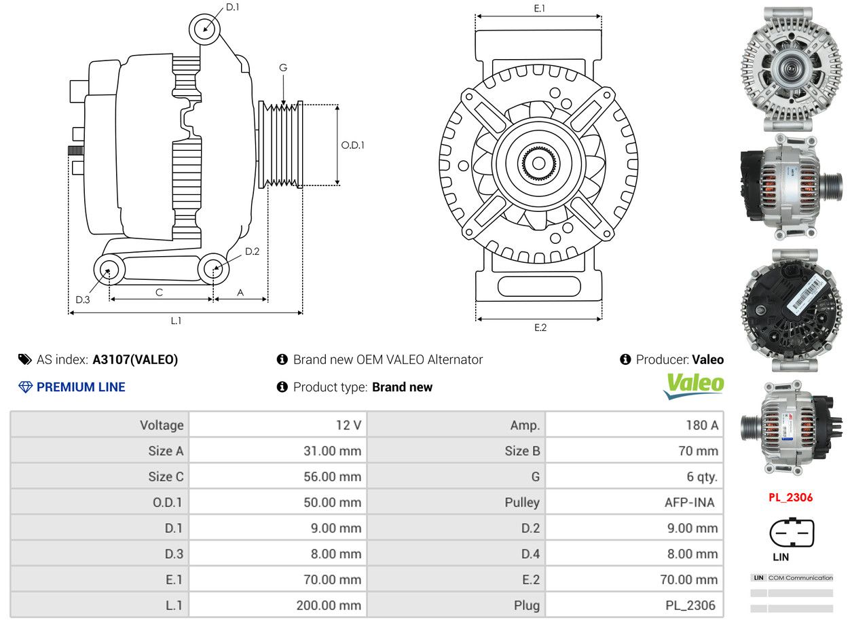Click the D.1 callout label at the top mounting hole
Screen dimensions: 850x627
(x=232, y=7)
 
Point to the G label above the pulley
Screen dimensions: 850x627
(x=283, y=68)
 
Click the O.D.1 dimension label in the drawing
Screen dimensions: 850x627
(x=352, y=145)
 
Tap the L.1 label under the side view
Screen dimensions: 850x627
(x=176, y=321)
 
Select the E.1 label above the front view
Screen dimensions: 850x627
(x=539, y=8)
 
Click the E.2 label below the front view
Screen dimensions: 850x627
(x=540, y=327)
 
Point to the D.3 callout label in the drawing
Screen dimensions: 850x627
(x=83, y=300)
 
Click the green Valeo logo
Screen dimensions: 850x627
(x=694, y=385)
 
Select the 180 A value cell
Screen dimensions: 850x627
(x=635, y=425)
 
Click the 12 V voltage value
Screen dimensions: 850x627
(x=349, y=425)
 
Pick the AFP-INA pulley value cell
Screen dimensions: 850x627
(x=635, y=503)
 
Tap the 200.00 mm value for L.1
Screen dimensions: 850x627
(x=329, y=605)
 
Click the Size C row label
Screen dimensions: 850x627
(x=166, y=477)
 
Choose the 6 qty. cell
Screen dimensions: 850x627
(x=635, y=477)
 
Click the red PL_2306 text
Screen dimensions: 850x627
(x=791, y=497)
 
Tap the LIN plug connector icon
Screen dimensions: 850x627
(x=792, y=533)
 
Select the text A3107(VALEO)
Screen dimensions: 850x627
(x=135, y=359)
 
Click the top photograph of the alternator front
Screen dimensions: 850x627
(x=791, y=69)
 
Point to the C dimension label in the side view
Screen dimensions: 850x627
(x=159, y=293)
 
